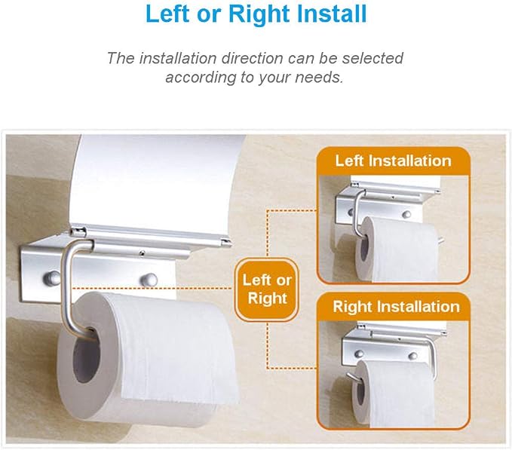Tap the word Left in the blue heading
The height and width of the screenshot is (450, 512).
pyautogui.click(x=167, y=14)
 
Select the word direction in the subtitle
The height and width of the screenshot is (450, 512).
pyautogui.click(x=253, y=58)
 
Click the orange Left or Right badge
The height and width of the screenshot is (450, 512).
pyautogui.click(x=267, y=289)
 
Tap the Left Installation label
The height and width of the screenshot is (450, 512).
pyautogui.click(x=394, y=161)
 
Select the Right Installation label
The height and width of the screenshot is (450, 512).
pyautogui.click(x=396, y=307)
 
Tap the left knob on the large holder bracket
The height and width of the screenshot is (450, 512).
pyautogui.click(x=51, y=278)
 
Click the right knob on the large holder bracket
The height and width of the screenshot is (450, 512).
pyautogui.click(x=149, y=280)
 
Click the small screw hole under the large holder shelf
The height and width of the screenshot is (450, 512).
pyautogui.click(x=142, y=253)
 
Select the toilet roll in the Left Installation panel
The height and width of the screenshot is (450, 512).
pyautogui.click(x=396, y=249)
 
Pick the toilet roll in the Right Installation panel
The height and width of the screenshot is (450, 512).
pyautogui.click(x=393, y=394)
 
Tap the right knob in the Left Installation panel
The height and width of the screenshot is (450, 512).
pyautogui.click(x=406, y=214)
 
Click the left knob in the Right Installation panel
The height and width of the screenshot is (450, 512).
pyautogui.click(x=359, y=354)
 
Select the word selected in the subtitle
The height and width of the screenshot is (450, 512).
pyautogui.click(x=373, y=58)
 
